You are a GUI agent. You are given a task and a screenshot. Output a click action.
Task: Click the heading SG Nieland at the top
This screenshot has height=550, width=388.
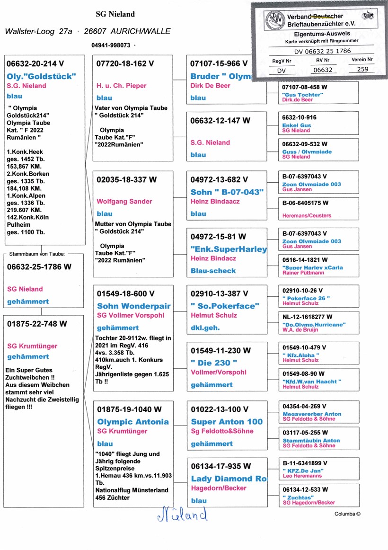pos(115,14)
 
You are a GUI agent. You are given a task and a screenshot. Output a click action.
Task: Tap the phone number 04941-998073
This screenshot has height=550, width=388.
pos(111,45)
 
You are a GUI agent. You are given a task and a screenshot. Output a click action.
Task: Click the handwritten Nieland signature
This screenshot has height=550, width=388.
pos(182,515)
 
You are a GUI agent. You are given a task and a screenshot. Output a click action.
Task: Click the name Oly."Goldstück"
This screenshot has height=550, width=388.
pos(41,76)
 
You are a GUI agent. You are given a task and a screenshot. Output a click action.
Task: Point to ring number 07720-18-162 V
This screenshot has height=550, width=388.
pos(125,63)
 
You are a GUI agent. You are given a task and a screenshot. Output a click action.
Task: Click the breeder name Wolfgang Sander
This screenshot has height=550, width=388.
pos(124,202)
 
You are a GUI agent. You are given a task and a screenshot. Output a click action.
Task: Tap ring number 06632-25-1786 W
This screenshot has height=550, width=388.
pos(39,267)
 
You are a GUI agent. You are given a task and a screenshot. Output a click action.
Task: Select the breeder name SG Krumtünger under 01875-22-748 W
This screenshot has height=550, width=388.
pos(32,346)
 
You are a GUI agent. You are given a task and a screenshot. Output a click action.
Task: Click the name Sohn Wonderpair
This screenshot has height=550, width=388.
pos(134,306)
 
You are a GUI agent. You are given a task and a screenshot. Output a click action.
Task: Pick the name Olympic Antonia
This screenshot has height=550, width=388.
pos(133,422)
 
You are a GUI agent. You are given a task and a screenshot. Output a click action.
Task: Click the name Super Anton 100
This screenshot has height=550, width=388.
pos(227,422)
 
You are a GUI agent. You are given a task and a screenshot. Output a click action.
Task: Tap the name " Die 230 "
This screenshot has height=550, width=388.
pos(213,363)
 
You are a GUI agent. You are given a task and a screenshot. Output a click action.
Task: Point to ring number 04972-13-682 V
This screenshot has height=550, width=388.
pos(219,180)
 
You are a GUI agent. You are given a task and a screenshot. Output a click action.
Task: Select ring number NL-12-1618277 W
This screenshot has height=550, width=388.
pos(307,317)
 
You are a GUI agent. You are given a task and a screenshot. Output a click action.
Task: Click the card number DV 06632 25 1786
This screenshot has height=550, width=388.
pos(322,52)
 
